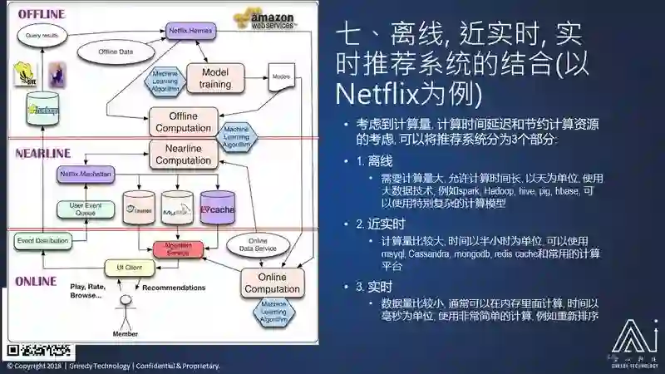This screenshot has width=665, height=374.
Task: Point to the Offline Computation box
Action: tap(183, 121)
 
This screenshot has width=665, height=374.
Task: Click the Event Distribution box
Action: tap(41, 241)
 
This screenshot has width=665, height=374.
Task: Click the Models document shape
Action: tap(279, 79)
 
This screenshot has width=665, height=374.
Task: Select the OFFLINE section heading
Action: tap(42, 14)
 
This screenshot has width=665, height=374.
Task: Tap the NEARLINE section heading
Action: tap(43, 153)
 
